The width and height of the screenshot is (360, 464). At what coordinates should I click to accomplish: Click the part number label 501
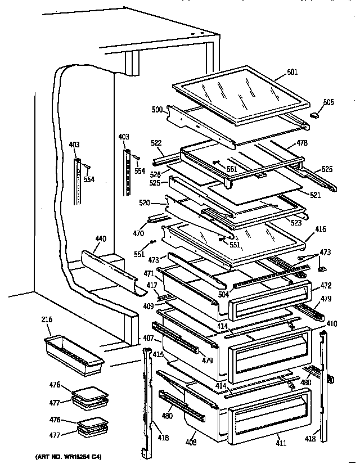292,72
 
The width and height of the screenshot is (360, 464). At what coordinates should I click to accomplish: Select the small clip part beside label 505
314,114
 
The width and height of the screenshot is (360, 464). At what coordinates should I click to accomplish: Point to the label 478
302,143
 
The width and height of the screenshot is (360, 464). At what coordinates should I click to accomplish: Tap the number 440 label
100,239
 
